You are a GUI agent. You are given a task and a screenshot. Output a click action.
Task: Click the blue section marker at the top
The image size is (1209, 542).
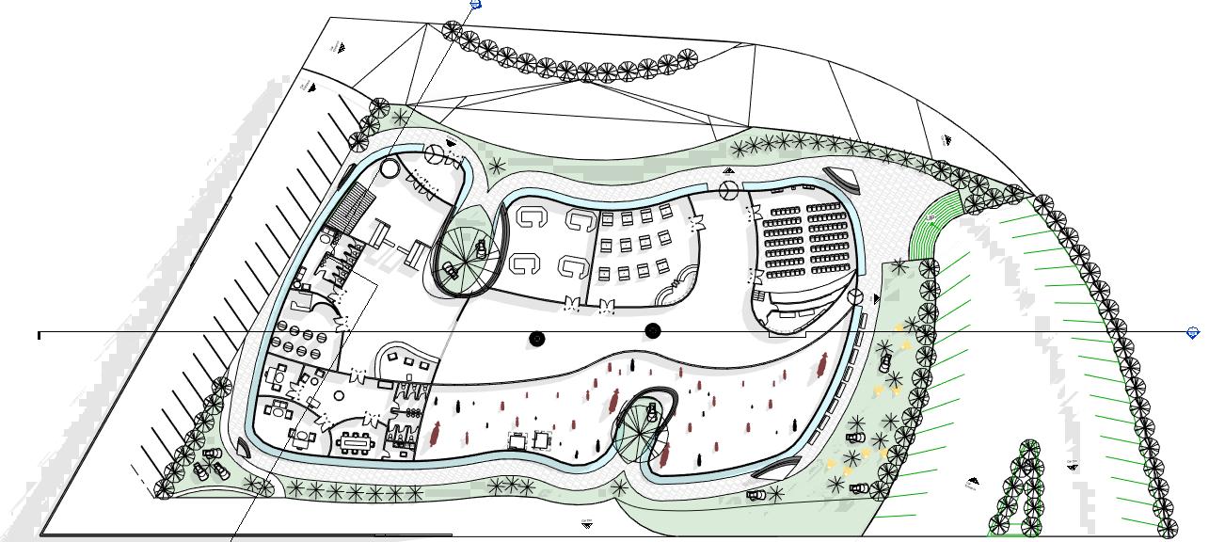(x=475, y=5)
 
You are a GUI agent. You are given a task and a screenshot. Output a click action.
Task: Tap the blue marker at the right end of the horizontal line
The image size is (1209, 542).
(x=1194, y=333)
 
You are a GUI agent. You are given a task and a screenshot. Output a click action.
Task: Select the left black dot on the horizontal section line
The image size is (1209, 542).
(x=537, y=339)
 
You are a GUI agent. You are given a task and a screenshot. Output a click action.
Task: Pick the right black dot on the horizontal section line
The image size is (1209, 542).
(x=653, y=330)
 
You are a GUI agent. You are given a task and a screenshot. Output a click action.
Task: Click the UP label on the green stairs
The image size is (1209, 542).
(x=931, y=219)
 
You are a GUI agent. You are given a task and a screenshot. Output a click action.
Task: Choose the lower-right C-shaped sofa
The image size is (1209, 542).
(x=572, y=267)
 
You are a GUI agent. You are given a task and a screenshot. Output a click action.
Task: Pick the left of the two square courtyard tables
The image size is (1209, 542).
(x=517, y=439)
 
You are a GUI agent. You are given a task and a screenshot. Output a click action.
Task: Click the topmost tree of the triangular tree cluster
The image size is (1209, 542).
(x=1030, y=446)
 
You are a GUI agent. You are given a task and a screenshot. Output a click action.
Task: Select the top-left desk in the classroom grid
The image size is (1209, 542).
(x=607, y=219)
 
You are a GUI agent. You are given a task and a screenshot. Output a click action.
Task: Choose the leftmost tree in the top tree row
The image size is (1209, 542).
(x=451, y=31)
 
